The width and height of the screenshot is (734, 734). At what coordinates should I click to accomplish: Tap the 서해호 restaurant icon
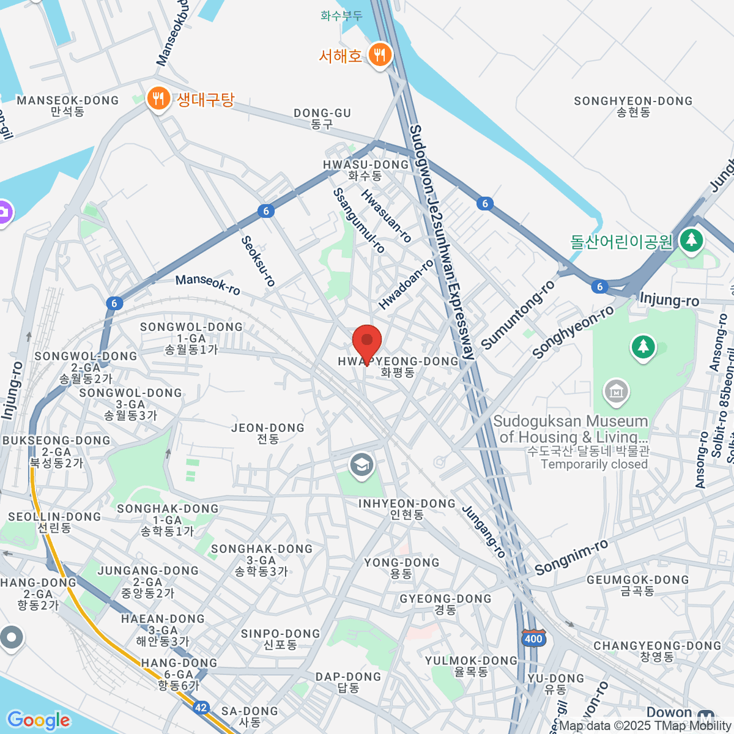tap(380, 55)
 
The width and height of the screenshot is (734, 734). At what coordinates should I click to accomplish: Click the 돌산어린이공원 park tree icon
tap(691, 239)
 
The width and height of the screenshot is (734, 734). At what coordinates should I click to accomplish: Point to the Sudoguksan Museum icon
tap(616, 393)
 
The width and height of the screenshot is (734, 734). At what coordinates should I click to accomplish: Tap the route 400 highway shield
tap(533, 639)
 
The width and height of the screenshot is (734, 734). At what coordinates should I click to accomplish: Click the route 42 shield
tap(201, 708)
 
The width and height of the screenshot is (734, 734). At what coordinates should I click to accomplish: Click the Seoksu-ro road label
tap(258, 261)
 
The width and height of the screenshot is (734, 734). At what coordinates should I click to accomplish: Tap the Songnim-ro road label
tap(571, 557)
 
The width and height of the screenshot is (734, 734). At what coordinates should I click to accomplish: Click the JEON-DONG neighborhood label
tap(268, 433)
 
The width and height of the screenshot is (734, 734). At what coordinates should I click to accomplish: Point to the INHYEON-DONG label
tap(407, 508)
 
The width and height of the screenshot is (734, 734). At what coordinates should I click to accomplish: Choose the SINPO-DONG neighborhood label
tap(280, 639)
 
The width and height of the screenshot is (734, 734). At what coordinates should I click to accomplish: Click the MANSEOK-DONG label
tap(68, 105)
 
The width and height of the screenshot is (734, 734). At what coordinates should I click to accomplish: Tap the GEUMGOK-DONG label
tap(637, 585)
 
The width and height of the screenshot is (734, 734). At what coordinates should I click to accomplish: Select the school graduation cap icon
tap(361, 465)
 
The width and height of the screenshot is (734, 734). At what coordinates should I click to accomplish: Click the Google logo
tap(39, 721)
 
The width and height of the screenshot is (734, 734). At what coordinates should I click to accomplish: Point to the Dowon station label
tap(669, 713)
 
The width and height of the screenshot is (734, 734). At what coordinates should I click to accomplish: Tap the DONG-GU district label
tap(322, 118)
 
